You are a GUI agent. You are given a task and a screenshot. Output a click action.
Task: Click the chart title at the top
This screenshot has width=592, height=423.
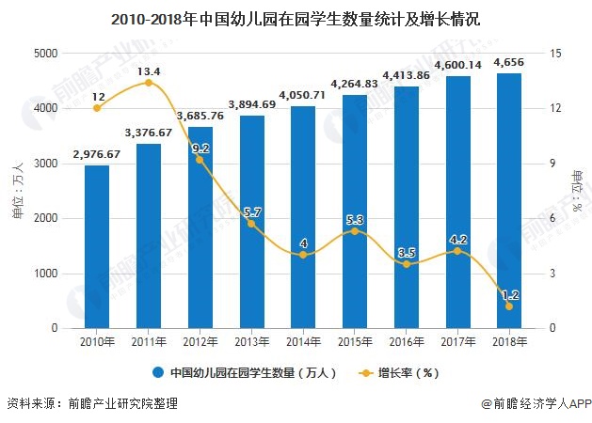295,18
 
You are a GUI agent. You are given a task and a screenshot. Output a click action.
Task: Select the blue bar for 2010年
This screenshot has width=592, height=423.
97,246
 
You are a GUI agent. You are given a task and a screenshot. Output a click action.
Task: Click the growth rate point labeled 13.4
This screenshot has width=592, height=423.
149,83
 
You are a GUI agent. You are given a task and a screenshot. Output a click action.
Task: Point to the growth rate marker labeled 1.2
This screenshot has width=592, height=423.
509,306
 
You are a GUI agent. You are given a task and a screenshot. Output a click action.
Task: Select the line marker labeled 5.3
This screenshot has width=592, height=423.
355,231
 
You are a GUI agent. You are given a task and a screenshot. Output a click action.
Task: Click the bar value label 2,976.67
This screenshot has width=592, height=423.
97,154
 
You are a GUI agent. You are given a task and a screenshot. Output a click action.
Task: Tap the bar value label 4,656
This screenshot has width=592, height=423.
509,63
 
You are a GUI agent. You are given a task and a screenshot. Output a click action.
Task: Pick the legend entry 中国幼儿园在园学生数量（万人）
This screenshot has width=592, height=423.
243,372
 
